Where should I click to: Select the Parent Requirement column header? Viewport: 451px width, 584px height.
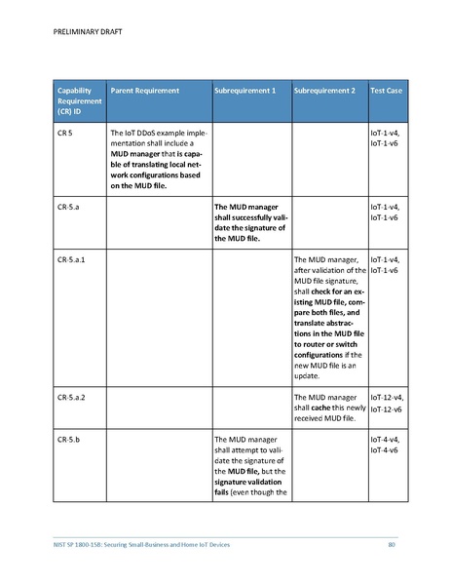click(145, 91)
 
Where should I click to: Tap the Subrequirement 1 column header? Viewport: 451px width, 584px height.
click(244, 91)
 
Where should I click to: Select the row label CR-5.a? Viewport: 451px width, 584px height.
click(68, 207)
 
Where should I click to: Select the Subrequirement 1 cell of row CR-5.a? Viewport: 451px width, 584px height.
click(248, 221)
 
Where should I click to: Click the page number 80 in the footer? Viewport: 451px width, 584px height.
click(392, 543)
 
